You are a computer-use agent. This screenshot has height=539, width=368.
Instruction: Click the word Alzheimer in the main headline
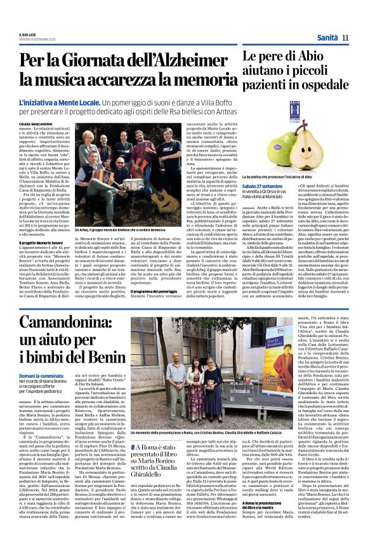pos(188,61)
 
